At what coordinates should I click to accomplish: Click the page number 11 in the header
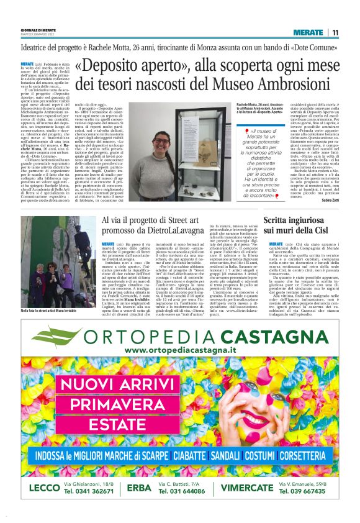[x=335, y=33]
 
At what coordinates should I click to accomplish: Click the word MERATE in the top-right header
[x=308, y=33]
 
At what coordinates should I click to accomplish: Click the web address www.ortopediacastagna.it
[x=179, y=351]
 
